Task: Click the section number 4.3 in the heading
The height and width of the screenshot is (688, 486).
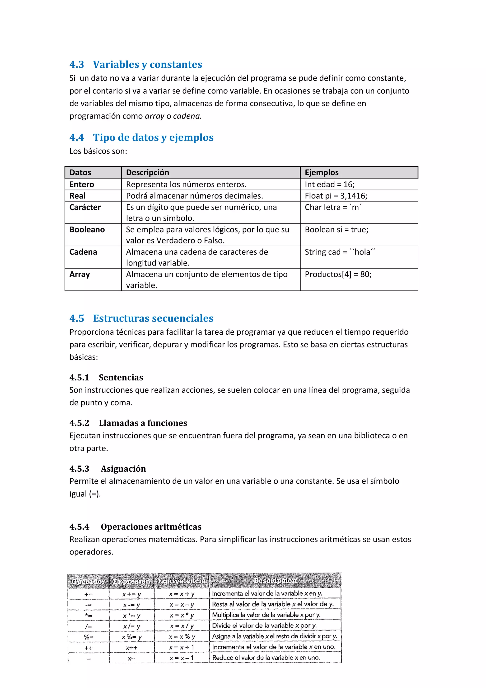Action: (x=77, y=64)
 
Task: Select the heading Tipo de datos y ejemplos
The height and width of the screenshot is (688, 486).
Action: (x=153, y=137)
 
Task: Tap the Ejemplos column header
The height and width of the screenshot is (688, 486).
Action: (x=321, y=172)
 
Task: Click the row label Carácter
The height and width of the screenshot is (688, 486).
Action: (x=85, y=207)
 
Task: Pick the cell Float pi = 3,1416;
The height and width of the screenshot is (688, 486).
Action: (x=336, y=196)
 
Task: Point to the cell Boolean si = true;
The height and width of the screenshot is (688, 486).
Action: (x=336, y=230)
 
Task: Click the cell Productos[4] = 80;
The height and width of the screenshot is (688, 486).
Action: (x=338, y=274)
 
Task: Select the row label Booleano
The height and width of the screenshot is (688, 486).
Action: (x=87, y=230)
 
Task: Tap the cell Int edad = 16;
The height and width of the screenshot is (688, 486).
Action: (x=329, y=184)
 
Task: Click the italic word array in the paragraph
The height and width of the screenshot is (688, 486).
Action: (x=154, y=116)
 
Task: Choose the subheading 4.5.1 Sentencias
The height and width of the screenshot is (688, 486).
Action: (x=106, y=377)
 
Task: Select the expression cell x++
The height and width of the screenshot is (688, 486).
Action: (x=131, y=648)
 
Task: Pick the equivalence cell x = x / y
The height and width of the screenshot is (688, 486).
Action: (x=182, y=626)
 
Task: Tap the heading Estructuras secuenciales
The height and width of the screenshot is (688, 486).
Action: (x=153, y=318)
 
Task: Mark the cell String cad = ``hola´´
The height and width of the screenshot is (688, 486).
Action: (x=340, y=252)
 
